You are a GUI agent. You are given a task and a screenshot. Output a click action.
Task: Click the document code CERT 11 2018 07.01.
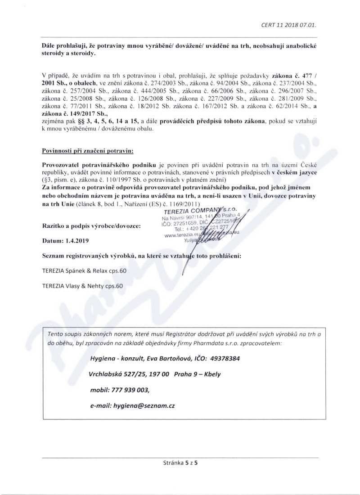292,25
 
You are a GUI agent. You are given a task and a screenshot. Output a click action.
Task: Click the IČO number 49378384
223,359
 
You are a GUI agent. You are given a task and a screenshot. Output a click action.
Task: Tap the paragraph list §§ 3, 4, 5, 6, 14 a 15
107,122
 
